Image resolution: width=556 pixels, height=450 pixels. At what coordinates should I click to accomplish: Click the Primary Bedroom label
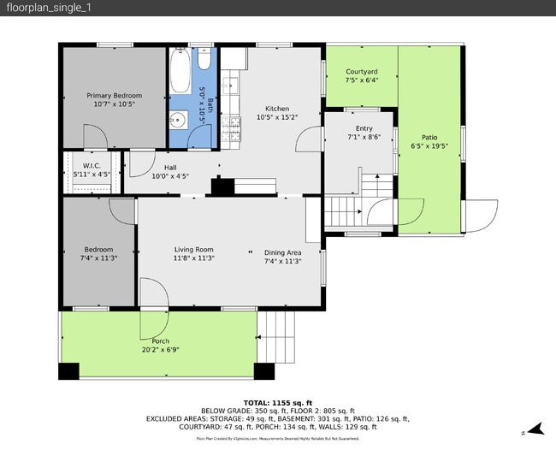click(115, 95)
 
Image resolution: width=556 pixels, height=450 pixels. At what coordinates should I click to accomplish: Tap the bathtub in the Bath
click(180, 74)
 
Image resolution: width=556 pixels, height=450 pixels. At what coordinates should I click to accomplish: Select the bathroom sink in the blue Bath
click(178, 121)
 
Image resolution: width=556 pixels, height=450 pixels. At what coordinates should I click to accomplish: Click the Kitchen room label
click(277, 109)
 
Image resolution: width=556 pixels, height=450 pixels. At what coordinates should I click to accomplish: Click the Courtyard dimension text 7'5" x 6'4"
click(362, 80)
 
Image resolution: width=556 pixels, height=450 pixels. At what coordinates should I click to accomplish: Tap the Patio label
click(429, 138)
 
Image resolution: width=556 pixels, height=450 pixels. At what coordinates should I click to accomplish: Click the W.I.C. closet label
click(92, 165)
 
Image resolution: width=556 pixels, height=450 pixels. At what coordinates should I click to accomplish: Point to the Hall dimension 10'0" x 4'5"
click(170, 176)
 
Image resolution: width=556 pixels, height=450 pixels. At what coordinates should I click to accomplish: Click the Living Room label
click(193, 249)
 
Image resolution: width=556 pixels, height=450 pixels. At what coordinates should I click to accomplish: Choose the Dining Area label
click(282, 252)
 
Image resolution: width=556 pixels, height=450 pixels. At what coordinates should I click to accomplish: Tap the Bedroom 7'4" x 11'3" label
click(98, 250)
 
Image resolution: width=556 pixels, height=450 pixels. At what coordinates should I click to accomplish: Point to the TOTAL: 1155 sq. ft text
click(278, 402)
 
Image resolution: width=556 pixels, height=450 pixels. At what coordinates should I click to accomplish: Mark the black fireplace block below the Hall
click(222, 187)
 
